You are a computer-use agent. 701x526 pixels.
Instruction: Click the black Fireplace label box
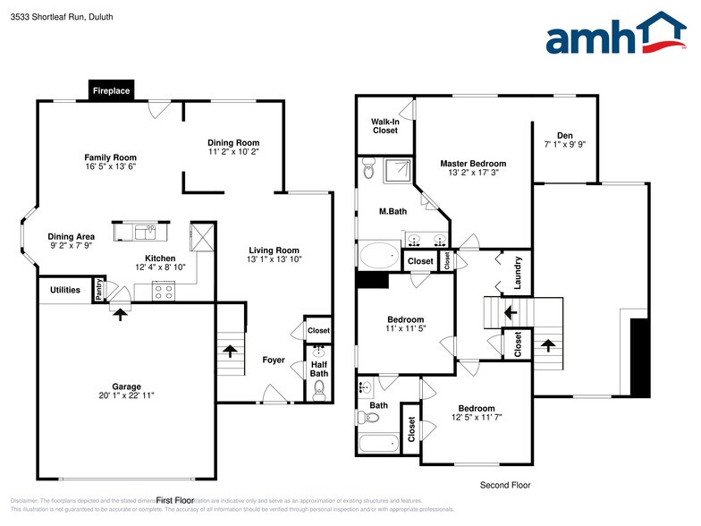(112, 90)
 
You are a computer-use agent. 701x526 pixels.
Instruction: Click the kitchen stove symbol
(163, 290)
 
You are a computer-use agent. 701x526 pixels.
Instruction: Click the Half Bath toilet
(319, 388)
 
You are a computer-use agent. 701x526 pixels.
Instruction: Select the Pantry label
(100, 290)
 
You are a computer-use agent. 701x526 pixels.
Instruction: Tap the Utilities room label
(65, 290)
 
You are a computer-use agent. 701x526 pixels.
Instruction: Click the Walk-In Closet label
(385, 126)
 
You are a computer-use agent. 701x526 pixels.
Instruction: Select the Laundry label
(518, 272)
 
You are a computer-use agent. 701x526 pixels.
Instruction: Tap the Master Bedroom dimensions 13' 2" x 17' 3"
(472, 174)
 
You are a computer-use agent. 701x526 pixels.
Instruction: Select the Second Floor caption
(504, 485)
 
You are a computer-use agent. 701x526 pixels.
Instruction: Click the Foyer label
(274, 361)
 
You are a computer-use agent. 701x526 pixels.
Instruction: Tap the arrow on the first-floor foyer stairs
(230, 351)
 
